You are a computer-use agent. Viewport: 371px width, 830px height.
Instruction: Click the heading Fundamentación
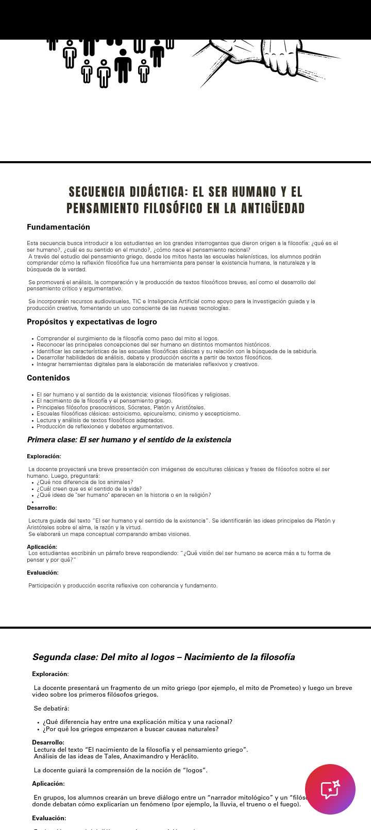pos(58,227)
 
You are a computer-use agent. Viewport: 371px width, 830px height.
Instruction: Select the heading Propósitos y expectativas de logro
pos(92,322)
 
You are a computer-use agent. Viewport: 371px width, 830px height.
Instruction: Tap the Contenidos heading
pos(48,378)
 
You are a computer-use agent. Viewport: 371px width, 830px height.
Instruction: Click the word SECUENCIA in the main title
pos(97,192)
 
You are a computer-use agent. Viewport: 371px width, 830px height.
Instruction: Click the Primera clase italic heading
pos(129,440)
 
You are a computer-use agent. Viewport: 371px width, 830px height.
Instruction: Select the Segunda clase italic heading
pos(163,657)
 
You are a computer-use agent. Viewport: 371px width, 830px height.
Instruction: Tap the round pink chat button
pos(330,789)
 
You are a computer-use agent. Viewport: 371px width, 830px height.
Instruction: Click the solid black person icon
pos(123,66)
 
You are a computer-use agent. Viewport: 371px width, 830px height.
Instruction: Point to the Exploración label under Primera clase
pos(44,456)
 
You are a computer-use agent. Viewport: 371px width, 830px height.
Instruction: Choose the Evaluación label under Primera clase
pos(42,573)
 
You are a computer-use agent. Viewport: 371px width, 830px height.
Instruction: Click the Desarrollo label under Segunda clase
pos(48,742)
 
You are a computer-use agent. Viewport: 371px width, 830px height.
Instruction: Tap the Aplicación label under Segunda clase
pos(48,784)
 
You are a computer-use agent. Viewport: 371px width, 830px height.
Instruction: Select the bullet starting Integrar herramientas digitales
pos(147,364)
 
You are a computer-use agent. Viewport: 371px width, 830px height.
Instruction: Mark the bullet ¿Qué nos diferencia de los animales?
pos(85,482)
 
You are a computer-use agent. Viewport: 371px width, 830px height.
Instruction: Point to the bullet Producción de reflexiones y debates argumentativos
pos(105,426)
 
